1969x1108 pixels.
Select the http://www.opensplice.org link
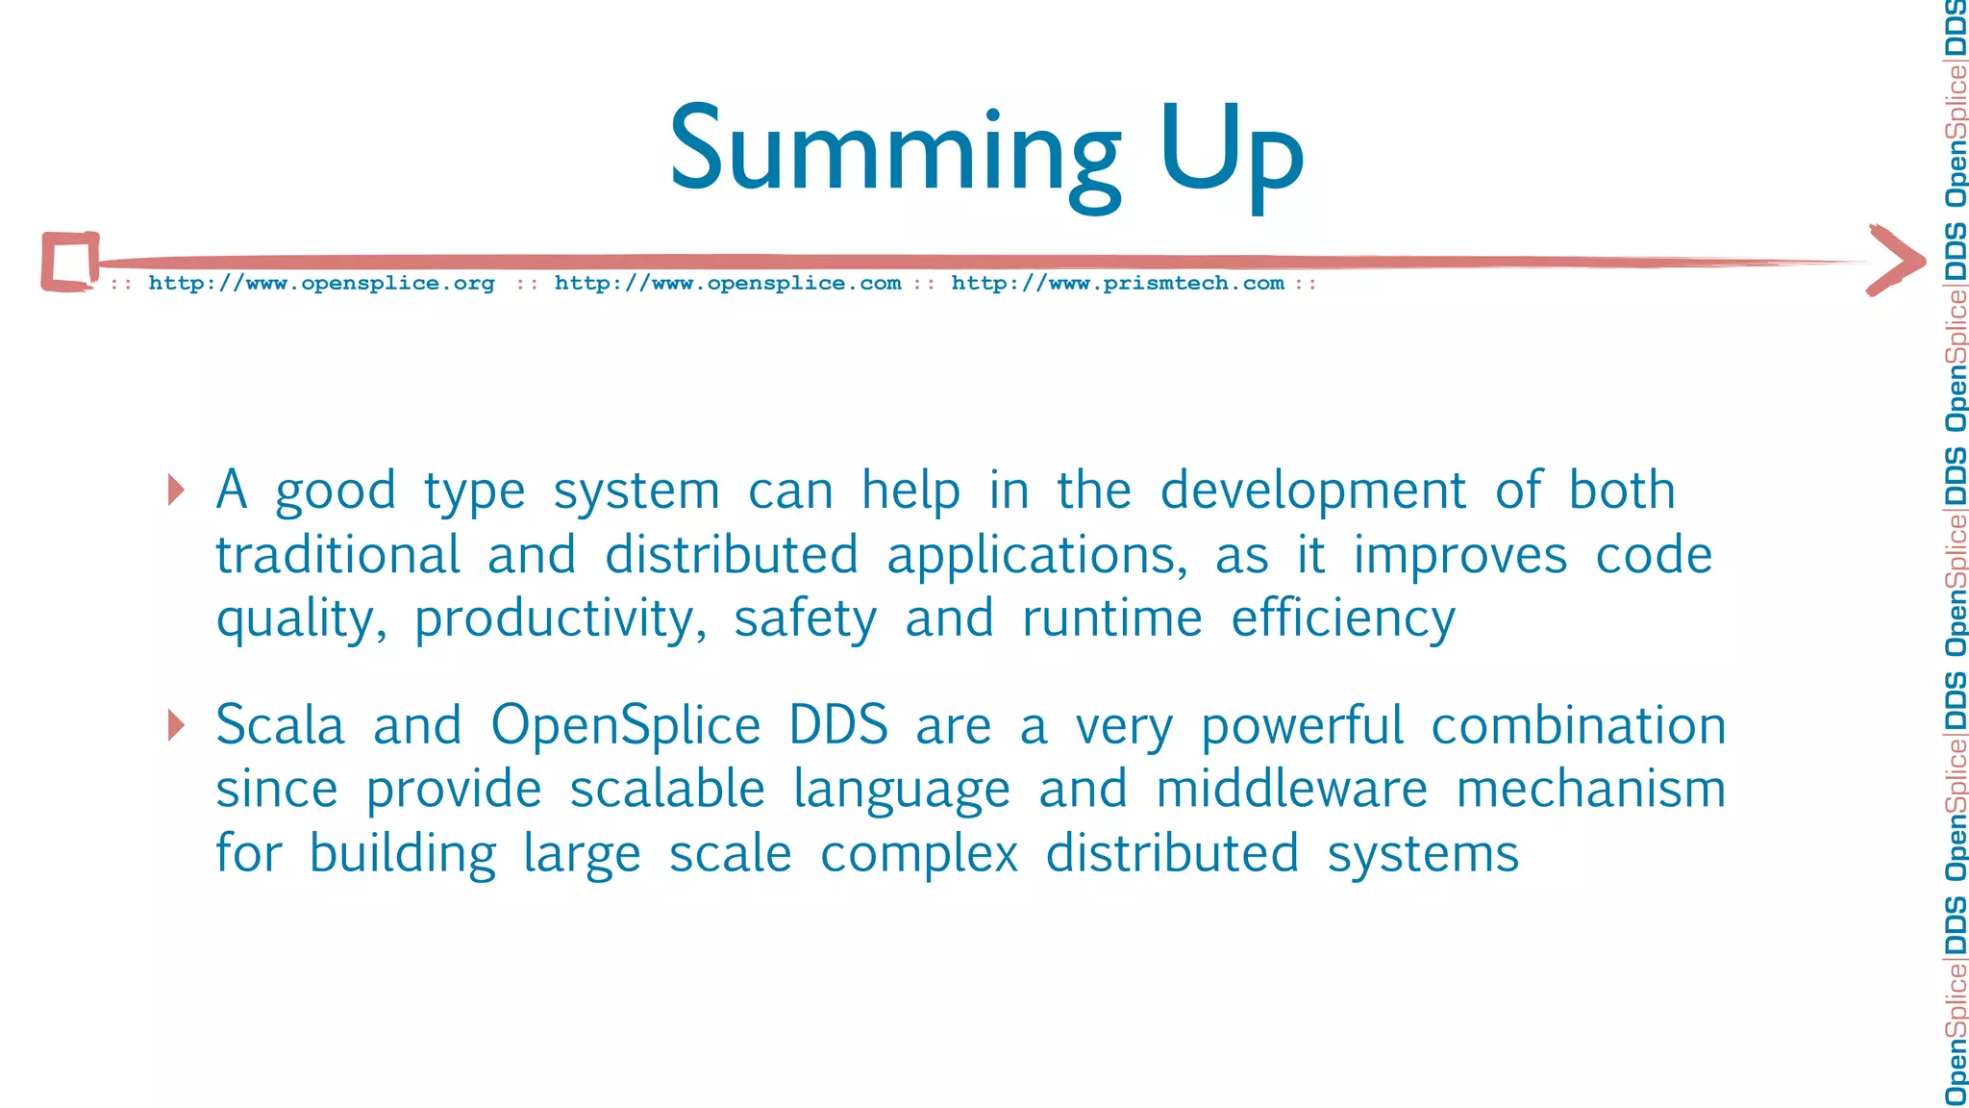(321, 284)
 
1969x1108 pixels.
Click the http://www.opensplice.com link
(728, 284)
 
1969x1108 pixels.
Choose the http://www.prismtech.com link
(1117, 284)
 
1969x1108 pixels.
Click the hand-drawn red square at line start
(70, 261)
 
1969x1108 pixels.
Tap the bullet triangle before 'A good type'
(175, 490)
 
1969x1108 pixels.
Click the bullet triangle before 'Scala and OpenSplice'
(175, 724)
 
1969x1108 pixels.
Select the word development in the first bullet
(1312, 492)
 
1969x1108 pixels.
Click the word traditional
(338, 556)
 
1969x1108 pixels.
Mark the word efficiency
(1343, 620)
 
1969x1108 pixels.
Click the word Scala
(280, 726)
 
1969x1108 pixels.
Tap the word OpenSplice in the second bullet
(626, 726)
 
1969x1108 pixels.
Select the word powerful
(1302, 726)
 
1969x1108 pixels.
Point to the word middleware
(1291, 791)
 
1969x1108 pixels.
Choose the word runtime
(1111, 618)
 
